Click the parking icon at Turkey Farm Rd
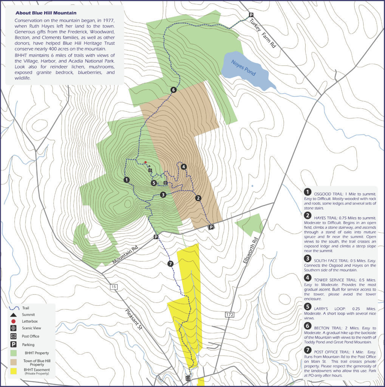pyautogui.click(x=250, y=15)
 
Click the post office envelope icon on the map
pyautogui.click(x=188, y=378)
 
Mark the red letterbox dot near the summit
pyautogui.click(x=145, y=162)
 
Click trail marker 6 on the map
pyautogui.click(x=173, y=90)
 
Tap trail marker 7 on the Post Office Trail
pyautogui.click(x=170, y=264)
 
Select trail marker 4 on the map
pyautogui.click(x=183, y=167)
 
